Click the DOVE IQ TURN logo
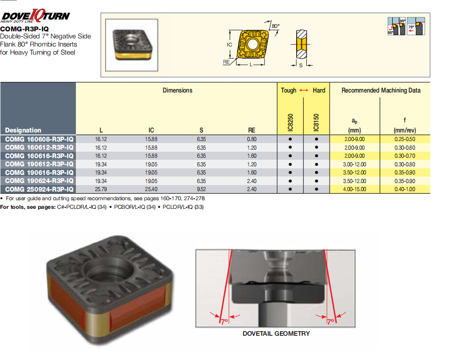point(35,16)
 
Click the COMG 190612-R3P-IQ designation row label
point(39,164)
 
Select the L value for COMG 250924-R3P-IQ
point(101,189)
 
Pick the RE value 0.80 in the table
point(252,139)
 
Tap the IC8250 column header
point(290,122)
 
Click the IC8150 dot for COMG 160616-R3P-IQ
point(316,156)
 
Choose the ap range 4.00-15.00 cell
point(354,189)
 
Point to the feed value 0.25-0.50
point(405,139)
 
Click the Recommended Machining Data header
point(381,90)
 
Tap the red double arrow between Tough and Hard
point(304,90)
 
